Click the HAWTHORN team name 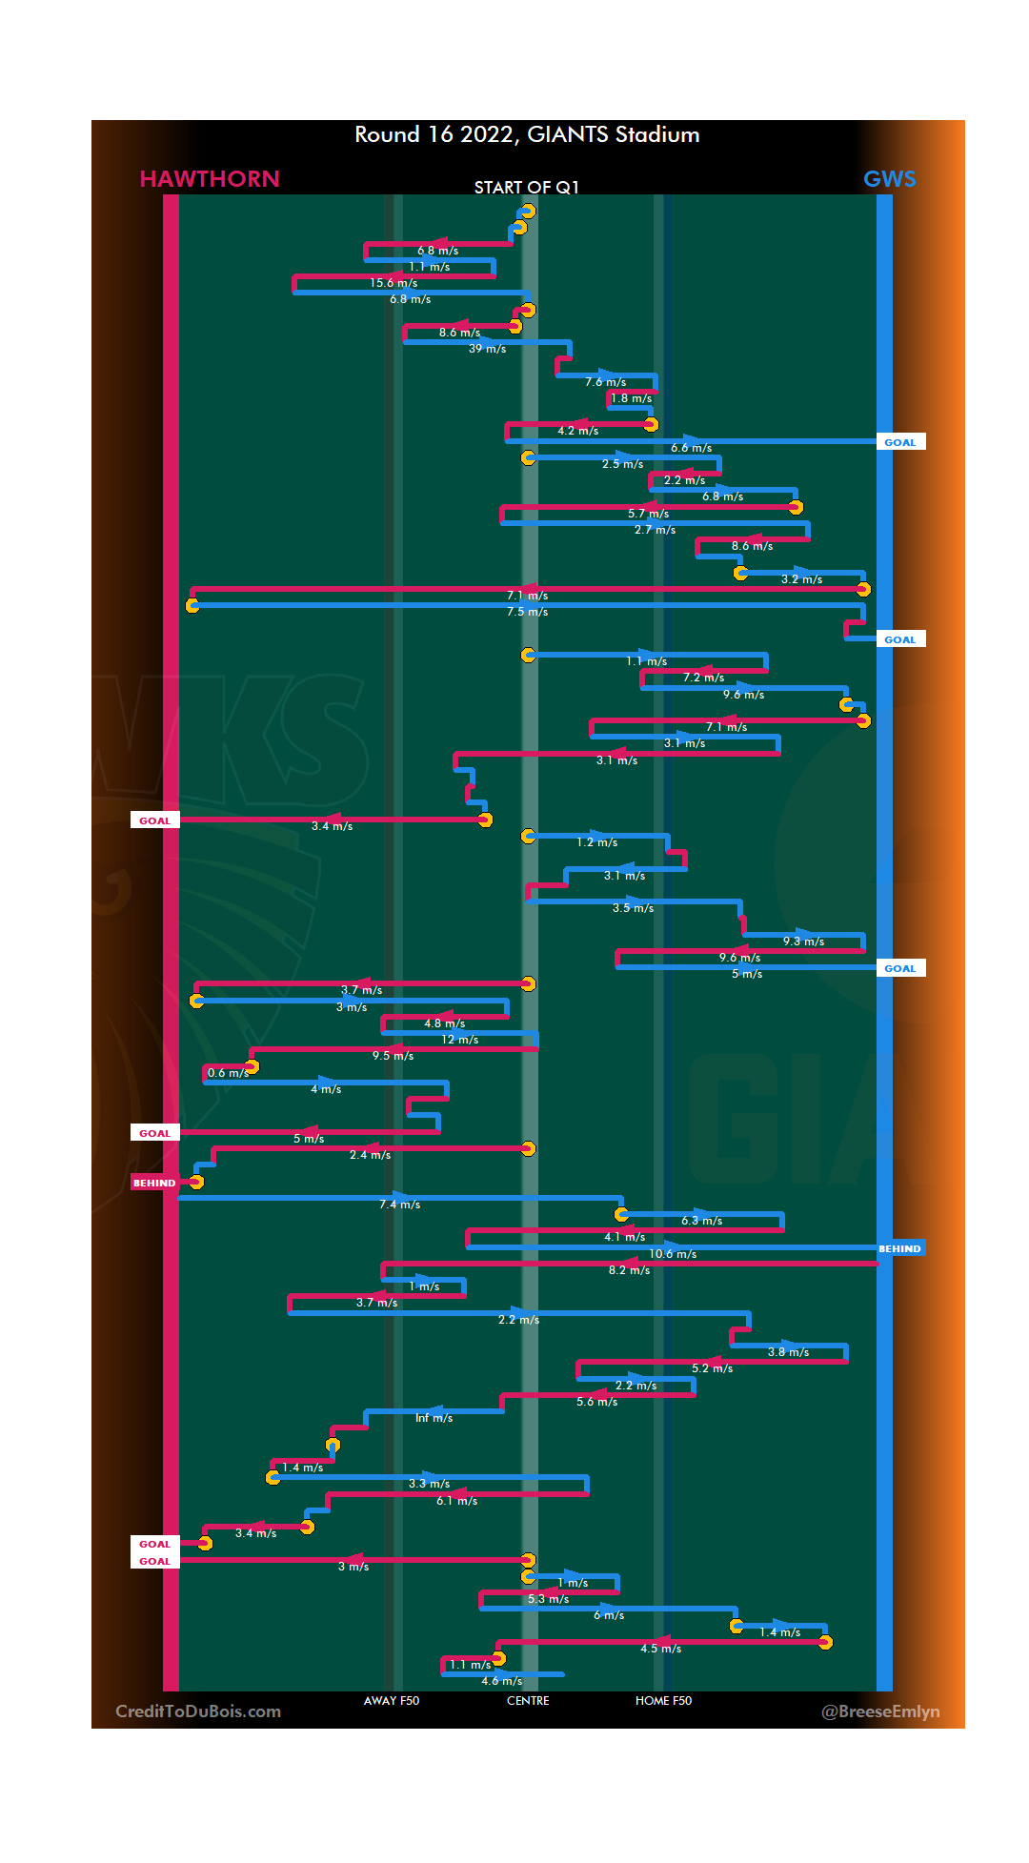click(x=210, y=179)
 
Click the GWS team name click(x=889, y=179)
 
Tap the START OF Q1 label click(x=526, y=187)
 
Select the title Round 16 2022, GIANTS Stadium click(x=527, y=134)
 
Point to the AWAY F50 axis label click(x=391, y=1701)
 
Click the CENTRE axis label click(x=528, y=1701)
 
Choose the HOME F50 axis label click(x=663, y=1701)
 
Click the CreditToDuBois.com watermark click(x=198, y=1711)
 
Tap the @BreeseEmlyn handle click(x=880, y=1711)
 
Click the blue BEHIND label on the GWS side click(x=899, y=1248)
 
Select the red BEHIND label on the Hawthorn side click(x=154, y=1183)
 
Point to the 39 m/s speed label click(x=487, y=349)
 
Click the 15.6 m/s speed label click(x=393, y=283)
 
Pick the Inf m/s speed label click(x=434, y=1418)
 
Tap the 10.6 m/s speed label click(x=673, y=1254)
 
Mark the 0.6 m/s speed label click(x=228, y=1073)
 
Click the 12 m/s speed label click(x=459, y=1040)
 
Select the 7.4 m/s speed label click(x=399, y=1205)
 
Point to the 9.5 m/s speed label click(x=393, y=1056)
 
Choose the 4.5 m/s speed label click(x=660, y=1649)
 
